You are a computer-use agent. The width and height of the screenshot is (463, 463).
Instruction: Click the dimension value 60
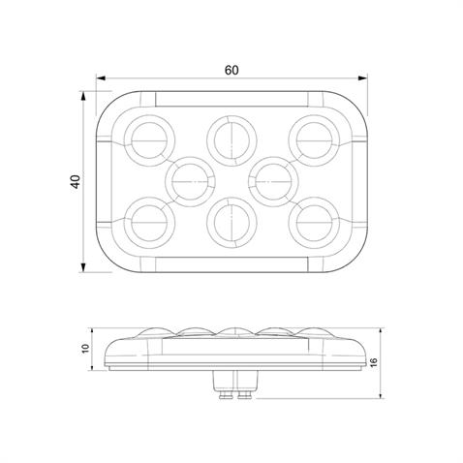tap(231, 69)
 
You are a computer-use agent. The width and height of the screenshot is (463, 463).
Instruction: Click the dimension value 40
tap(75, 182)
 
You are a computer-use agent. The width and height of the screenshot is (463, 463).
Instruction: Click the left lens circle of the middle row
tap(190, 179)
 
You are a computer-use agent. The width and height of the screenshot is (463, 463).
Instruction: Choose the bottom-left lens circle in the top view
tap(149, 222)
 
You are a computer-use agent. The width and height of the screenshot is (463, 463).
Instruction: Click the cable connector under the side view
tap(231, 386)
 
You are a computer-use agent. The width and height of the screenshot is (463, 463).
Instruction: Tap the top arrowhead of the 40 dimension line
tap(85, 95)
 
